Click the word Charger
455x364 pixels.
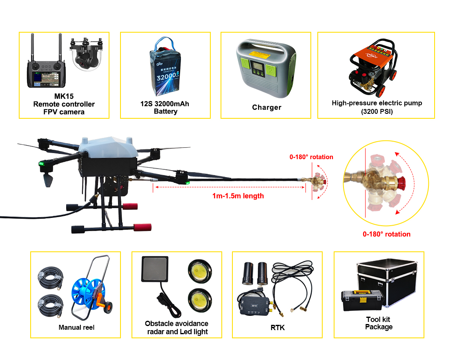click(267, 107)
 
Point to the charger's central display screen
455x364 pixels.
click(257, 66)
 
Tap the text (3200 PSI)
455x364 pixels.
click(377, 111)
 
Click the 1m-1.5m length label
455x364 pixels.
click(238, 196)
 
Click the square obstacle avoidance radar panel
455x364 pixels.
click(155, 269)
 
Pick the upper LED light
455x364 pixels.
click(200, 271)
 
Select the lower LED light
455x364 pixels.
click(200, 300)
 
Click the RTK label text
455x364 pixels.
click(278, 328)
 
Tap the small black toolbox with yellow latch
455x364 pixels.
click(362, 300)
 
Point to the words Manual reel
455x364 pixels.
click(77, 328)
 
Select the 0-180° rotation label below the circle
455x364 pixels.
click(386, 234)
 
